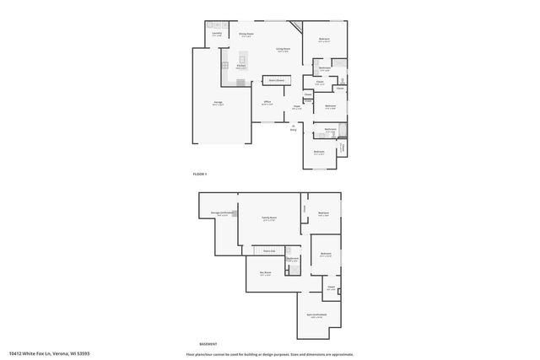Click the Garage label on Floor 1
(x=218, y=103)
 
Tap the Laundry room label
(x=217, y=35)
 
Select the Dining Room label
(x=246, y=35)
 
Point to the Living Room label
(x=283, y=50)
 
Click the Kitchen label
(x=240, y=67)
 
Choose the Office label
(x=267, y=102)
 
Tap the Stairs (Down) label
(x=275, y=80)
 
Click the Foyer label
(x=297, y=107)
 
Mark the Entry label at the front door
(x=294, y=129)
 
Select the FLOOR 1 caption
(x=200, y=174)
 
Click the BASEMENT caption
(x=208, y=344)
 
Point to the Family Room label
(x=268, y=218)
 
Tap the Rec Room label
(x=265, y=274)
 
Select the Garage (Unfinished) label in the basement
(x=222, y=213)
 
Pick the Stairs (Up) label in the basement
(x=269, y=251)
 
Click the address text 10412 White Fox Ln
(x=49, y=354)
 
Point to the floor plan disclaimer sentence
(x=268, y=354)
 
